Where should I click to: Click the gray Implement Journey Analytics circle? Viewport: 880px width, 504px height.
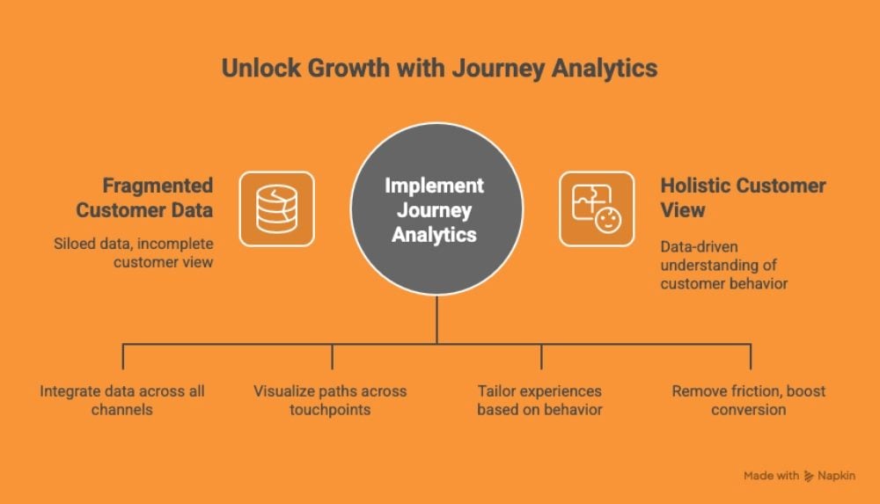click(437, 209)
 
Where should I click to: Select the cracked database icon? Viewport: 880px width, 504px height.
click(276, 209)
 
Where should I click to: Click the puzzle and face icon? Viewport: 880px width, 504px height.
click(597, 209)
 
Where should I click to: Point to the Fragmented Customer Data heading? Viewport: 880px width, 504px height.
click(144, 198)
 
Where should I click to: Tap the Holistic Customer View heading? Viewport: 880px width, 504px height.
click(743, 198)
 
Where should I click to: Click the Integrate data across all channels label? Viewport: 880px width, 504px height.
click(122, 400)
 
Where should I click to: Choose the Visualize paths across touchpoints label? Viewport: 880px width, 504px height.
click(331, 400)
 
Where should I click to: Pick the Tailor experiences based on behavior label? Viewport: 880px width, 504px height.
click(539, 400)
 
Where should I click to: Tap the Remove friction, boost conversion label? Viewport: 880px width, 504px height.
click(749, 400)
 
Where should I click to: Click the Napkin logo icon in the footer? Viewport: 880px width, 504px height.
click(809, 476)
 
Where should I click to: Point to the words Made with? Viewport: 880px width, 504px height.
click(771, 476)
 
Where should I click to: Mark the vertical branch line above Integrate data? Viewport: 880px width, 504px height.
click(123, 356)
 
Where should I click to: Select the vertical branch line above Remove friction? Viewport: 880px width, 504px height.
click(751, 356)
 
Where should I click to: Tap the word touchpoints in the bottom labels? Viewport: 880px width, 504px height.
click(331, 410)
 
